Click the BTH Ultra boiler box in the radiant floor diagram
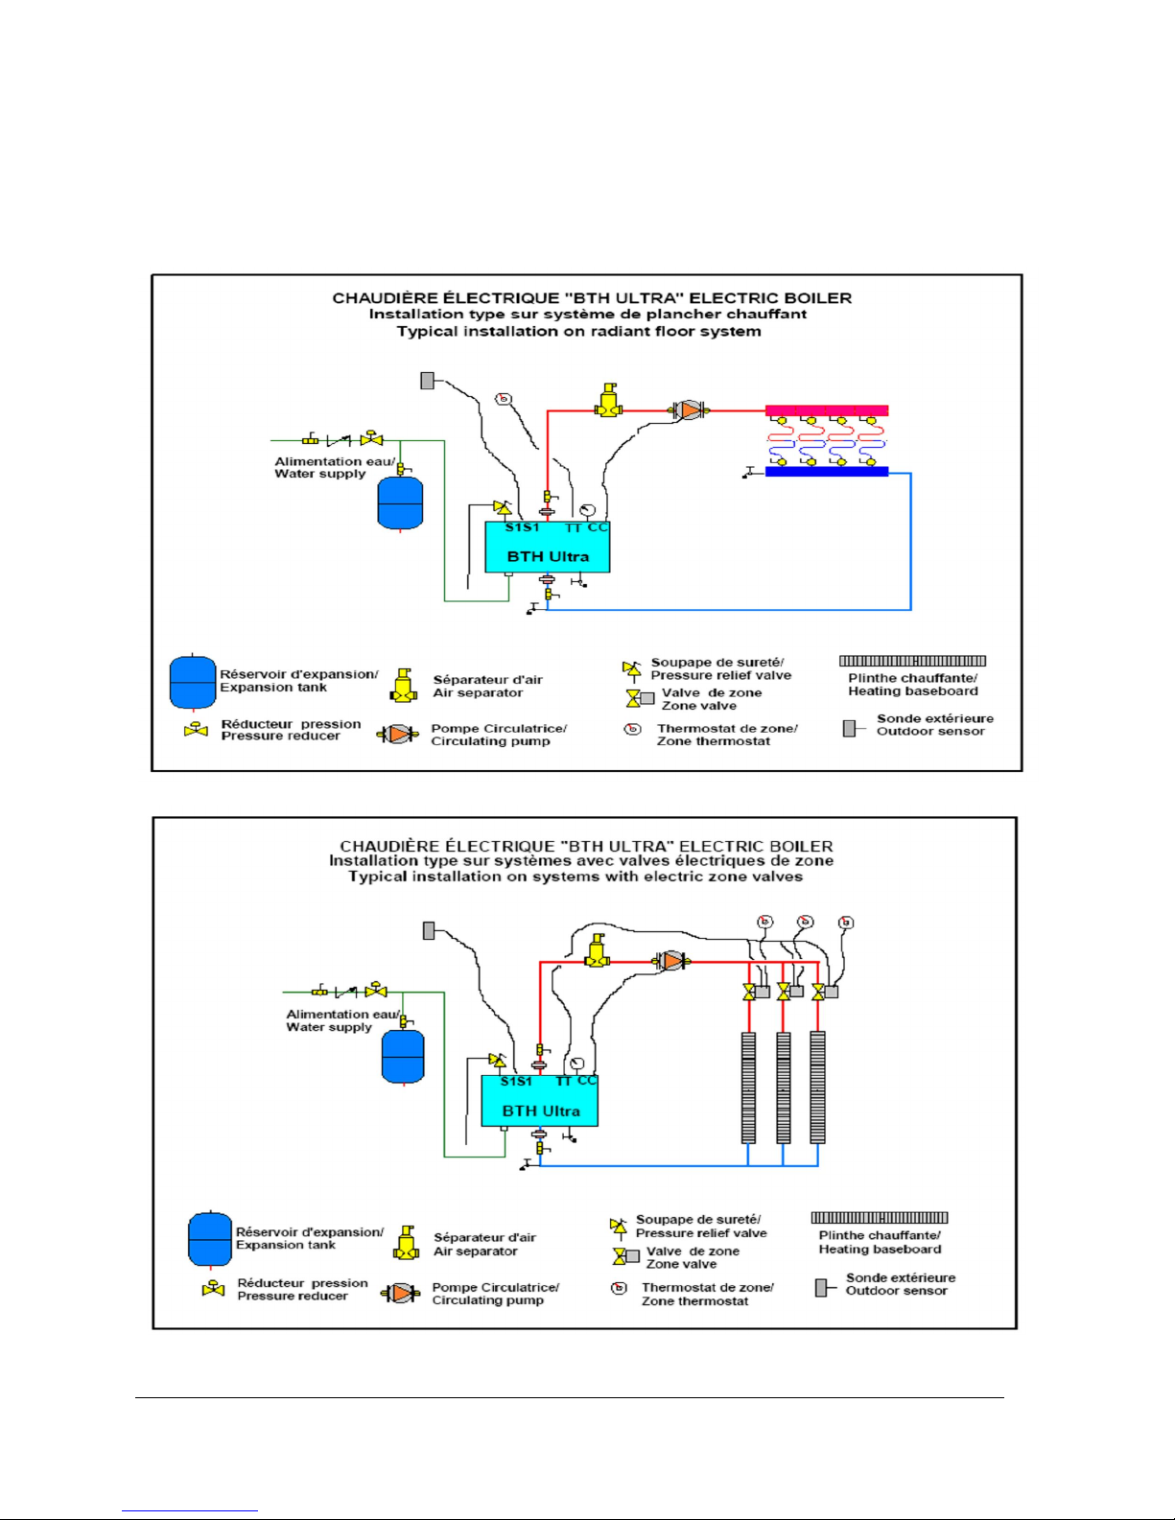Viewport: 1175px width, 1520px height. coord(548,547)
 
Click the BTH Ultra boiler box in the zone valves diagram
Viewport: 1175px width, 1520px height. coord(539,1101)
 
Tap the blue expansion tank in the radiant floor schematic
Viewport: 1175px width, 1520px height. coord(400,503)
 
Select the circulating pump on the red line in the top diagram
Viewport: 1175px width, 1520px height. coord(690,410)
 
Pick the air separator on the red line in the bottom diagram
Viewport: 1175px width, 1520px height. coord(597,951)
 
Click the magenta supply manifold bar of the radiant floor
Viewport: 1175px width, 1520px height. coord(827,410)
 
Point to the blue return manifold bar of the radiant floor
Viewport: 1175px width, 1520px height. coord(827,472)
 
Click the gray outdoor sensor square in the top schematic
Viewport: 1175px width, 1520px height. coord(428,381)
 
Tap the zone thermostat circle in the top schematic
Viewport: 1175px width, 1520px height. coord(504,399)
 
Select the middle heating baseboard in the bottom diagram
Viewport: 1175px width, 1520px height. coord(784,1087)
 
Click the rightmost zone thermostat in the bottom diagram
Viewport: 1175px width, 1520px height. coord(846,923)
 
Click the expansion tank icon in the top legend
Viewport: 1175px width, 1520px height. coord(193,682)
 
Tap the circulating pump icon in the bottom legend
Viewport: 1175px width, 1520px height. coord(400,1294)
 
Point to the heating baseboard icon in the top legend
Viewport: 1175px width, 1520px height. coord(913,661)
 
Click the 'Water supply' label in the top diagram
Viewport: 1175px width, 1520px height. coord(320,475)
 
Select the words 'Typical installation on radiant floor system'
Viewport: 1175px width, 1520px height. coord(579,332)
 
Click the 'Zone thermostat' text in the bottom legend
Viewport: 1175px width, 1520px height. coord(695,1301)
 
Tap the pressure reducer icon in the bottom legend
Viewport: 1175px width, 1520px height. coord(213,1289)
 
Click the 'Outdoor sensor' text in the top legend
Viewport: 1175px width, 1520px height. coord(931,732)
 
